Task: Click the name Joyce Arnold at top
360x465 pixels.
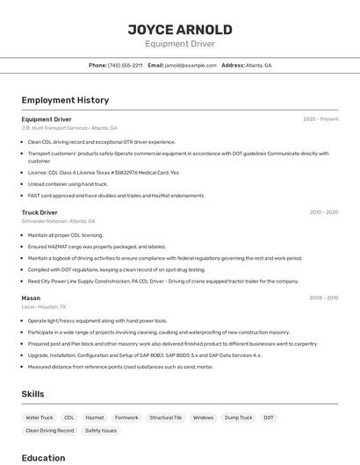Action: pos(180,29)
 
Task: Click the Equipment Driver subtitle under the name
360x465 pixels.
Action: pos(180,44)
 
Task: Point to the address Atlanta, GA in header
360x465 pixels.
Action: pos(259,66)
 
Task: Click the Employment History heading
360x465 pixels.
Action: pos(65,100)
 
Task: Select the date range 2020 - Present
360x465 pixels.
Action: pos(320,119)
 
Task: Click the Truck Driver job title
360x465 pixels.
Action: pos(40,212)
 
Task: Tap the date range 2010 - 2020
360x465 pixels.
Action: pos(324,212)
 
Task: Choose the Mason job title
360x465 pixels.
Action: pos(31,298)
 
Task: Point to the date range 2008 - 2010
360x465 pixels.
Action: pos(324,298)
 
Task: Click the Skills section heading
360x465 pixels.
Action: pos(32,395)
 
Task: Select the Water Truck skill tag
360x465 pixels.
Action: pos(40,418)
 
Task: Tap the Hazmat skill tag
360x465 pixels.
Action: pos(94,418)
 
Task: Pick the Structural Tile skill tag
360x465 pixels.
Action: pos(166,418)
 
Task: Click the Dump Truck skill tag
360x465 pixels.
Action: pos(238,418)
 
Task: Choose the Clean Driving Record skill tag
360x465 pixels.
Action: pos(50,431)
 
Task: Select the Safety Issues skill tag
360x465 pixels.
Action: pos(102,431)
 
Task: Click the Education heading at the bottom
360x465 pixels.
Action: pos(43,458)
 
